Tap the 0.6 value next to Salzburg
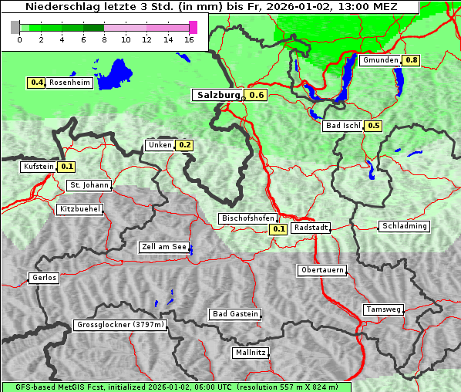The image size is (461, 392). [x=257, y=95]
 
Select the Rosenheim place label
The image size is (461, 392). [x=69, y=83]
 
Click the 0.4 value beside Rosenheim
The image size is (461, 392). [x=36, y=83]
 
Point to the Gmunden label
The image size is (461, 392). [x=380, y=60]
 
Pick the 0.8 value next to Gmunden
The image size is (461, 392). [x=412, y=60]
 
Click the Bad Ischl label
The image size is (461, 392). [x=342, y=126]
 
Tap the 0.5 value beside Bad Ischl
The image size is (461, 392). [x=374, y=126]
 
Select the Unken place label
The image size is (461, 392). [x=160, y=145]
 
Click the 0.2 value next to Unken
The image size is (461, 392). [x=184, y=145]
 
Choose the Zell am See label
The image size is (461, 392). [x=163, y=248]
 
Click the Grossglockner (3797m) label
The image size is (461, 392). [x=120, y=326]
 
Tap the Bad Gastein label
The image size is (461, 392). [x=234, y=314]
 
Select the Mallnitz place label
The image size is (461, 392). [x=251, y=353]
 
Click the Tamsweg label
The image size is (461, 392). [x=383, y=309]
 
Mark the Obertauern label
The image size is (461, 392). [x=322, y=270]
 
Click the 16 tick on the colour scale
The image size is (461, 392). [x=190, y=39]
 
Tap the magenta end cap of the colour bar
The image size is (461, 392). [x=193, y=27]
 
